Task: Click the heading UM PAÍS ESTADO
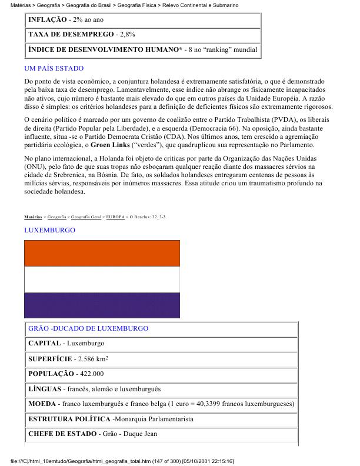(x=54, y=69)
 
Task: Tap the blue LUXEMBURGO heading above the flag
(x=49, y=229)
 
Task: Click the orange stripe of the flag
(x=102, y=254)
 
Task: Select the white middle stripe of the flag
(x=102, y=279)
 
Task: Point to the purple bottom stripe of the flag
(x=102, y=305)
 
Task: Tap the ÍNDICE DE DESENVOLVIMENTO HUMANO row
(x=142, y=50)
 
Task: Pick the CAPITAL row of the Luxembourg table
(x=66, y=343)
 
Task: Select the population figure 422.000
(x=91, y=374)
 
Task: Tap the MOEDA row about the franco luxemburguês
(x=161, y=404)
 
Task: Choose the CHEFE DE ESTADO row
(x=84, y=435)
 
